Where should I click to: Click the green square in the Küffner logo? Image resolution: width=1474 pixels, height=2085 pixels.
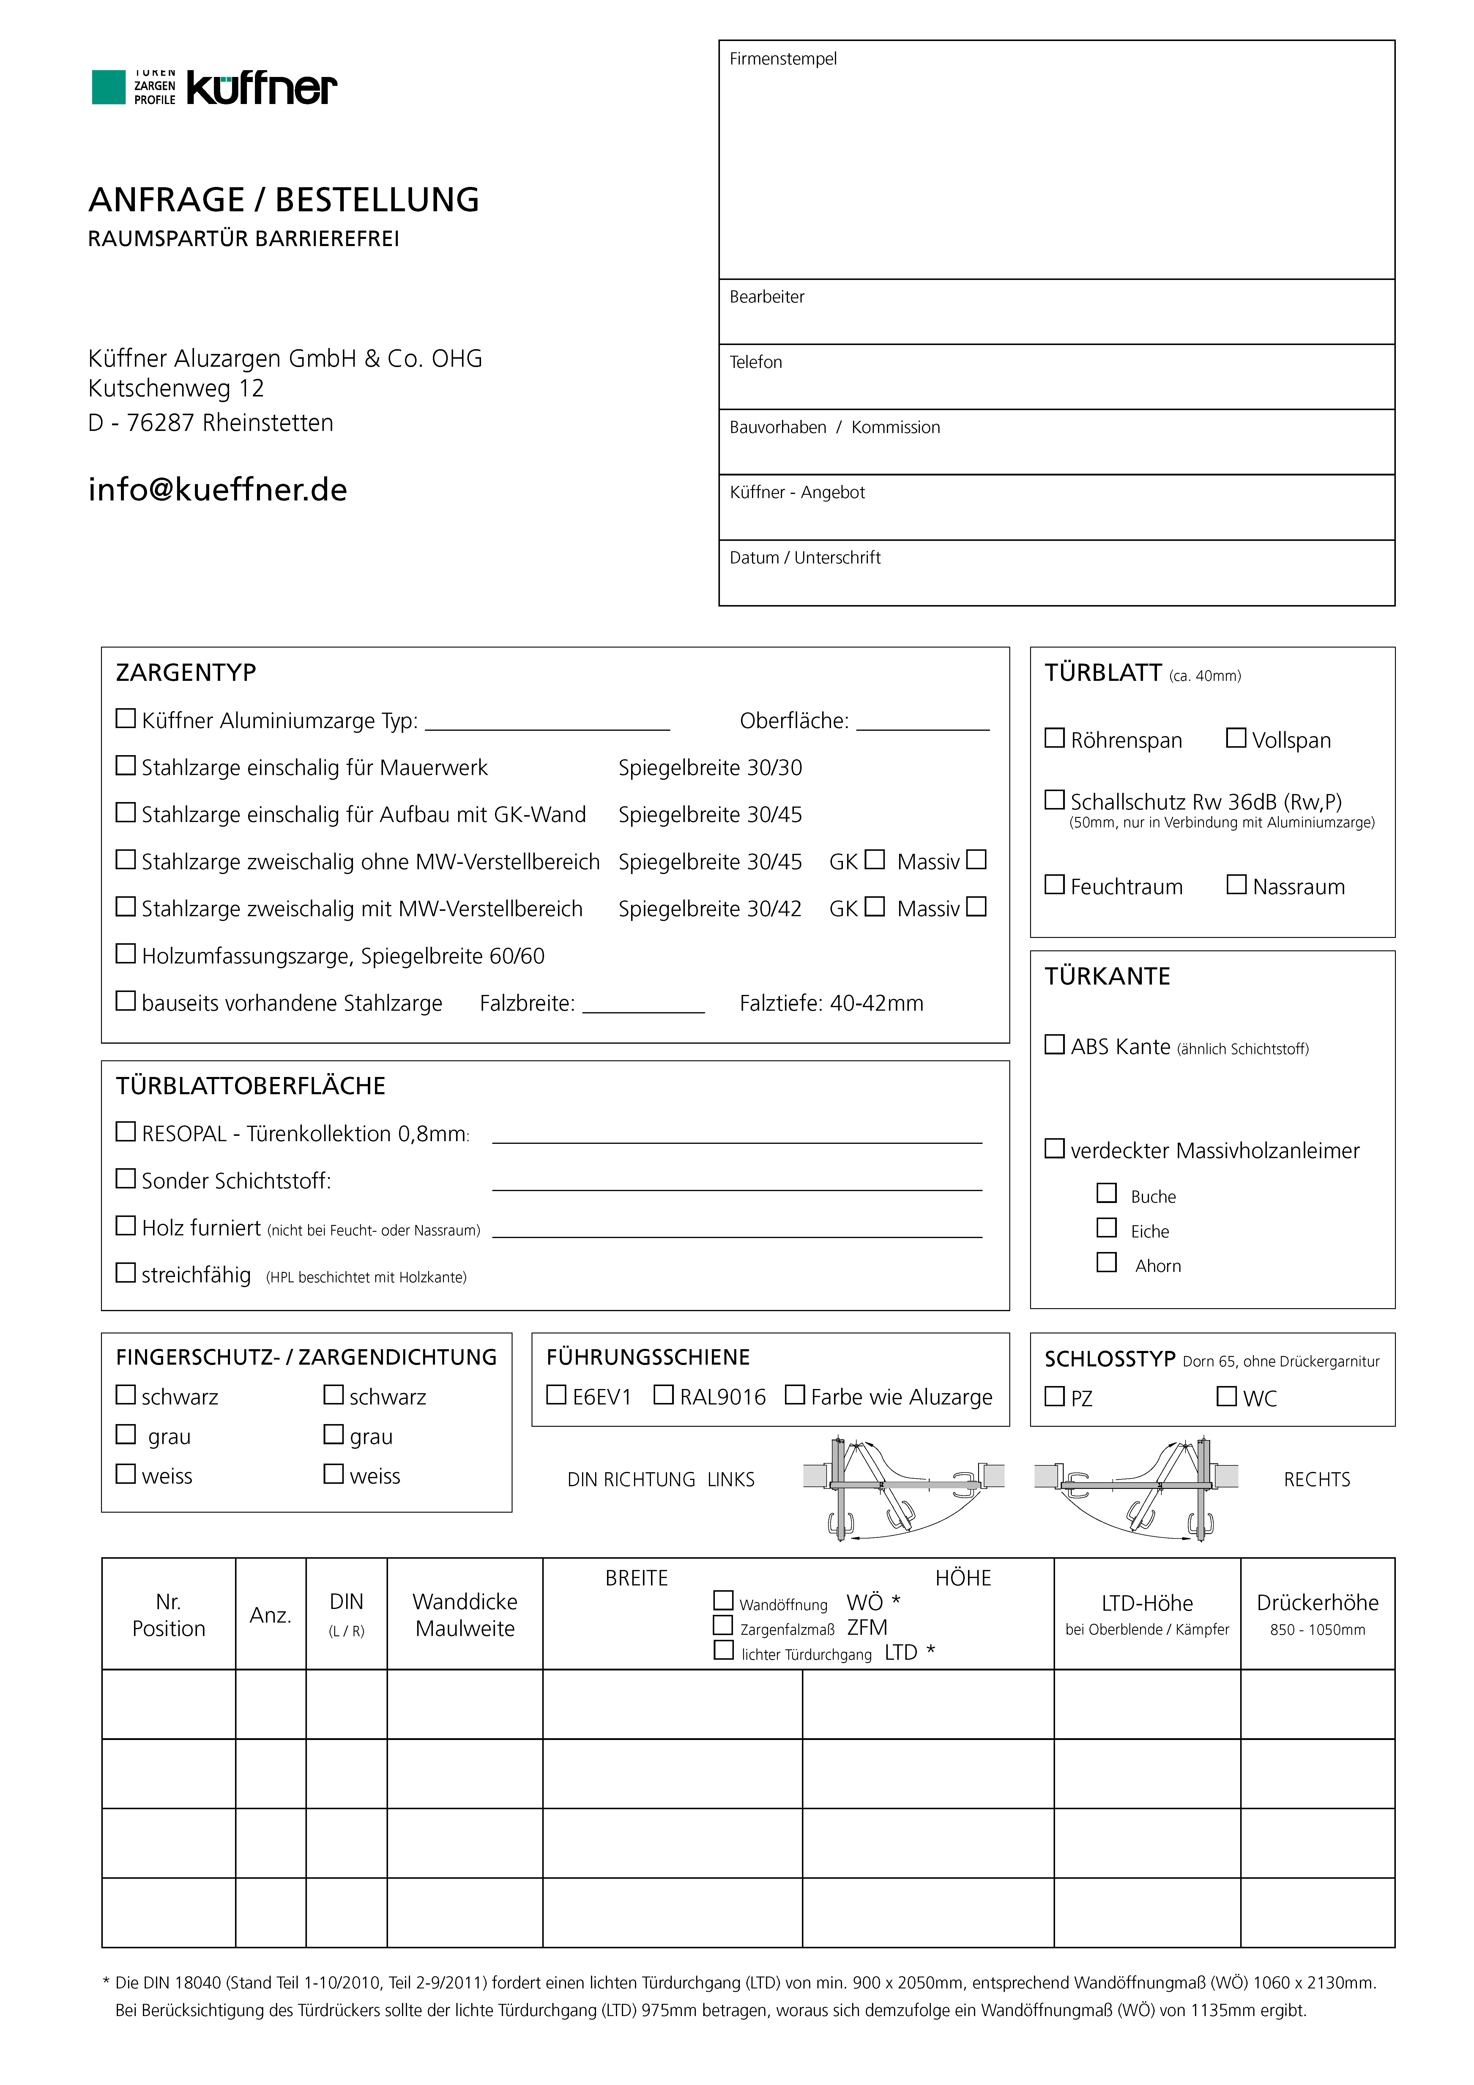(x=108, y=87)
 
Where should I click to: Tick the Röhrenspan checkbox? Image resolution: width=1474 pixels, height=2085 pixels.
(x=1054, y=738)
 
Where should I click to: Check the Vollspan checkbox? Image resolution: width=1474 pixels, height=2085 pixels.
(x=1236, y=738)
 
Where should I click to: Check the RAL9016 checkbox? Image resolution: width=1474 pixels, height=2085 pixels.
(x=664, y=1395)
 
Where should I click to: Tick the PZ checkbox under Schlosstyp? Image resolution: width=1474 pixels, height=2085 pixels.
(x=1054, y=1396)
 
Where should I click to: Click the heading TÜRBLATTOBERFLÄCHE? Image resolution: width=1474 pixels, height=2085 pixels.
(x=251, y=1086)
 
